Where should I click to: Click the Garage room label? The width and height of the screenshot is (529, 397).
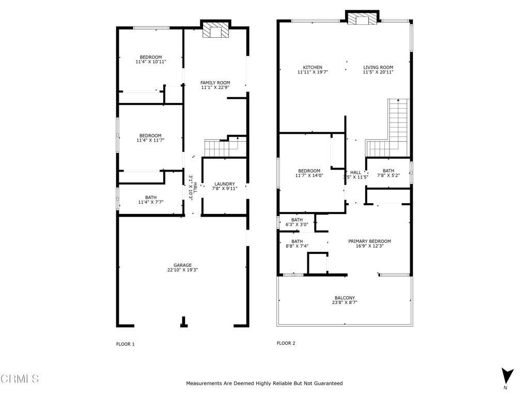click(x=182, y=265)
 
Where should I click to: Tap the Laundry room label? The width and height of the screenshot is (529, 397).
click(x=225, y=184)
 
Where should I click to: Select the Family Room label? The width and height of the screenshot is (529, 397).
click(x=215, y=83)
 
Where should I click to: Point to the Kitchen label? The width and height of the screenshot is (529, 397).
click(x=313, y=67)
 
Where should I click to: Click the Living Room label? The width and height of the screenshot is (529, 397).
click(x=378, y=67)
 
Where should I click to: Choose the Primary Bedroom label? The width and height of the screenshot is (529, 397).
click(x=369, y=241)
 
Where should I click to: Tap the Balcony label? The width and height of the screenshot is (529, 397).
click(x=345, y=298)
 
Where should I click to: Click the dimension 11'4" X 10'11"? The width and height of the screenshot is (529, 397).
click(x=151, y=62)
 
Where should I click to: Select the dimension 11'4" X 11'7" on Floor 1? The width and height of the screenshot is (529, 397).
click(x=150, y=140)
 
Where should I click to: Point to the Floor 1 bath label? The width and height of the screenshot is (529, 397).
click(x=151, y=197)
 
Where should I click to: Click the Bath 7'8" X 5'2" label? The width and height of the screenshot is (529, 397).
click(x=388, y=171)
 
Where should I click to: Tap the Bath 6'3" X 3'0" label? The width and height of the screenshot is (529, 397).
click(x=297, y=220)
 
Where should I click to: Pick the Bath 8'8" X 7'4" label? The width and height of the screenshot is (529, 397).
click(x=297, y=241)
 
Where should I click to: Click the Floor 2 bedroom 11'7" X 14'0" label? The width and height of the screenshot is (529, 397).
click(x=309, y=171)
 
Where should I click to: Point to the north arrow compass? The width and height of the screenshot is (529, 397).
click(x=507, y=376)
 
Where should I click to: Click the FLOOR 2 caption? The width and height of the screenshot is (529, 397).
click(x=286, y=343)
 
